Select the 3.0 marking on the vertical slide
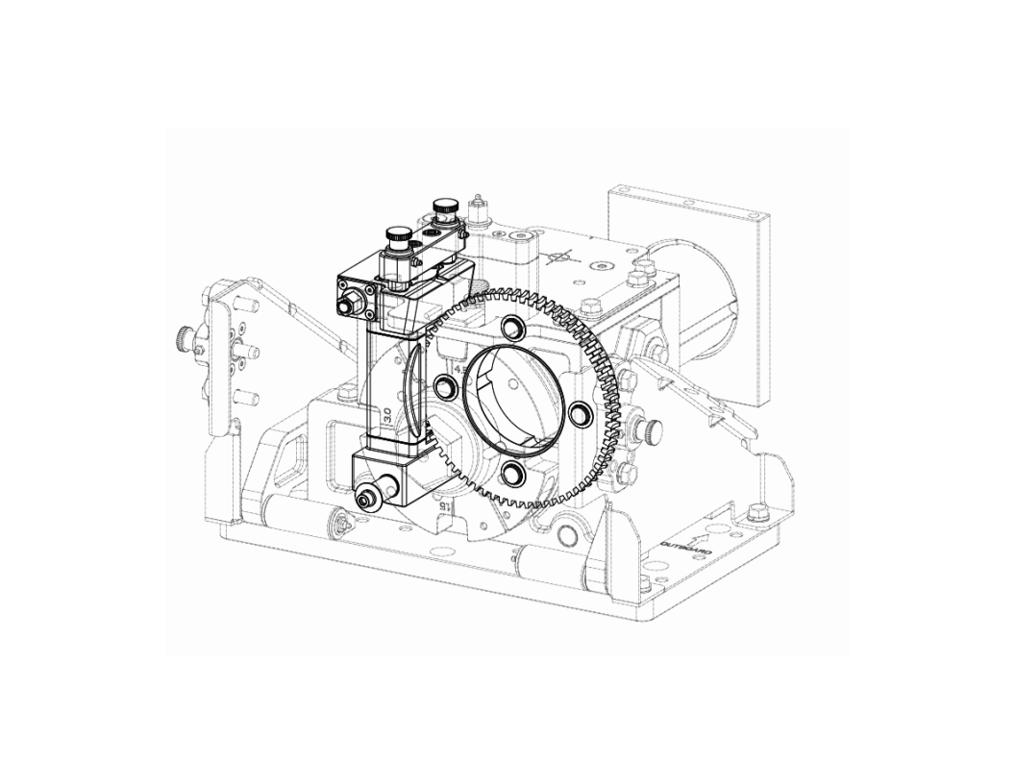[382, 414]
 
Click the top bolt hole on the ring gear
[510, 324]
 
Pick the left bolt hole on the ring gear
[445, 386]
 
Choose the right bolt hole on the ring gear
[580, 413]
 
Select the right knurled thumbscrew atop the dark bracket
[444, 206]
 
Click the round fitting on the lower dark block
[364, 501]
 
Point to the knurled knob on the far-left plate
[183, 338]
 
